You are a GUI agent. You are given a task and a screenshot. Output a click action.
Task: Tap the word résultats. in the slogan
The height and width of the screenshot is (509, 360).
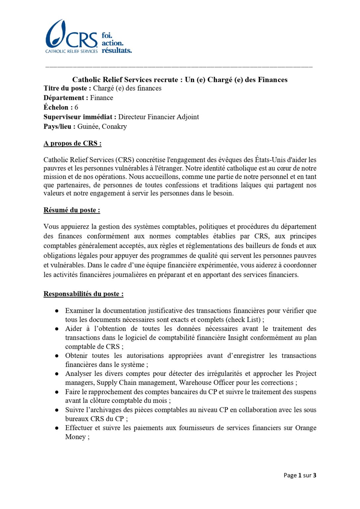(x=117, y=50)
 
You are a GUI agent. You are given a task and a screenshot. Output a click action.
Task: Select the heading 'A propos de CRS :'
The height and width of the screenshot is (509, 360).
(x=72, y=143)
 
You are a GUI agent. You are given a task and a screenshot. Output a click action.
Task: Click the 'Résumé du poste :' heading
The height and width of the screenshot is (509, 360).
(x=72, y=210)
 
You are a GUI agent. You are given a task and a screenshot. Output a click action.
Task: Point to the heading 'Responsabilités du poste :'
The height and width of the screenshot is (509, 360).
(x=83, y=294)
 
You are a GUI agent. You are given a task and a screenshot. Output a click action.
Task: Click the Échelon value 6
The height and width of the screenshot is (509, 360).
(x=76, y=107)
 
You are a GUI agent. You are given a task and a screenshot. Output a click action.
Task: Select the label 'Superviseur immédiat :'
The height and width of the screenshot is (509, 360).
(x=80, y=117)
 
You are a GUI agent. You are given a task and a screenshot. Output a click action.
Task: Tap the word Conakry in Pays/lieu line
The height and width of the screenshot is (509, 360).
(x=114, y=127)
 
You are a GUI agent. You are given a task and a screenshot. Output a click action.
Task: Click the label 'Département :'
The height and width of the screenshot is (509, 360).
(x=66, y=98)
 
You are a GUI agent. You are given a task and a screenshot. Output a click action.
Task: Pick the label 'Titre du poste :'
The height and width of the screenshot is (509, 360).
(x=67, y=88)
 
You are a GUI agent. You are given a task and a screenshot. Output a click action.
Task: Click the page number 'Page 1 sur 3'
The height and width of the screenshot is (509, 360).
(x=300, y=475)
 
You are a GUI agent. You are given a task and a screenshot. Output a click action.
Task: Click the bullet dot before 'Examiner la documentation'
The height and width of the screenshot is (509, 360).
(x=57, y=311)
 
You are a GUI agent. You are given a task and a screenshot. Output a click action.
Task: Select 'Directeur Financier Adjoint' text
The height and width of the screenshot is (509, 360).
(x=158, y=117)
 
